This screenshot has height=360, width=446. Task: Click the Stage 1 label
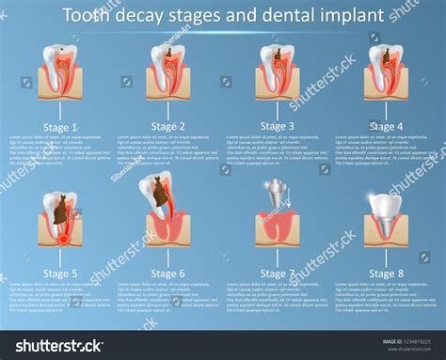coord(60,127)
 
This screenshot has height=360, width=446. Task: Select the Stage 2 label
coord(168,126)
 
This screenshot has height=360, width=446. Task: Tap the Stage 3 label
coord(278,126)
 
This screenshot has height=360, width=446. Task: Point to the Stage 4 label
coord(386,126)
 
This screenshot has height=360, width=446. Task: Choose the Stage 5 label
coord(60,274)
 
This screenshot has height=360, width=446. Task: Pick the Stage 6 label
coord(168,274)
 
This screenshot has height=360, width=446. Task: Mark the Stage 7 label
coord(278,274)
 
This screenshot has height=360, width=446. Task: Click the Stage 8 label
coord(386,274)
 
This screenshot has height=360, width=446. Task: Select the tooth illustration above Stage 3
coord(278,68)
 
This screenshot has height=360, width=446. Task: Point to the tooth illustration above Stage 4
coord(386,68)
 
